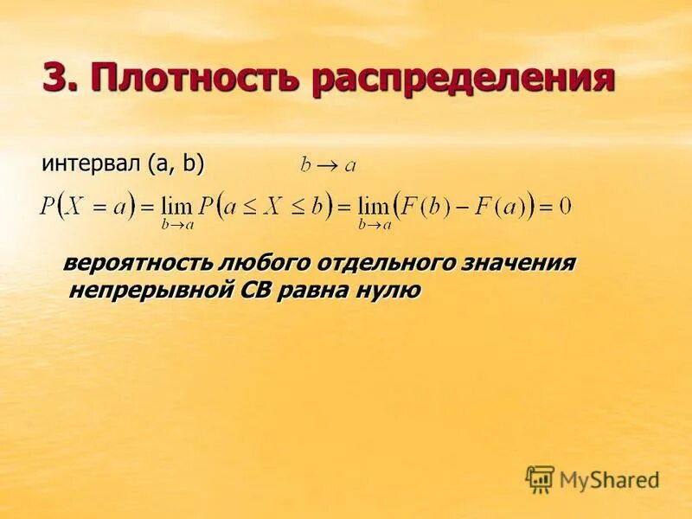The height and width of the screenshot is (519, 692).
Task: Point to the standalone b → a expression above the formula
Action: click(328, 164)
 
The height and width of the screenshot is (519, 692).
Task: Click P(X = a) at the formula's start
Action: click(88, 207)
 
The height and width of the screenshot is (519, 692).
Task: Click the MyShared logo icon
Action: click(540, 478)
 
